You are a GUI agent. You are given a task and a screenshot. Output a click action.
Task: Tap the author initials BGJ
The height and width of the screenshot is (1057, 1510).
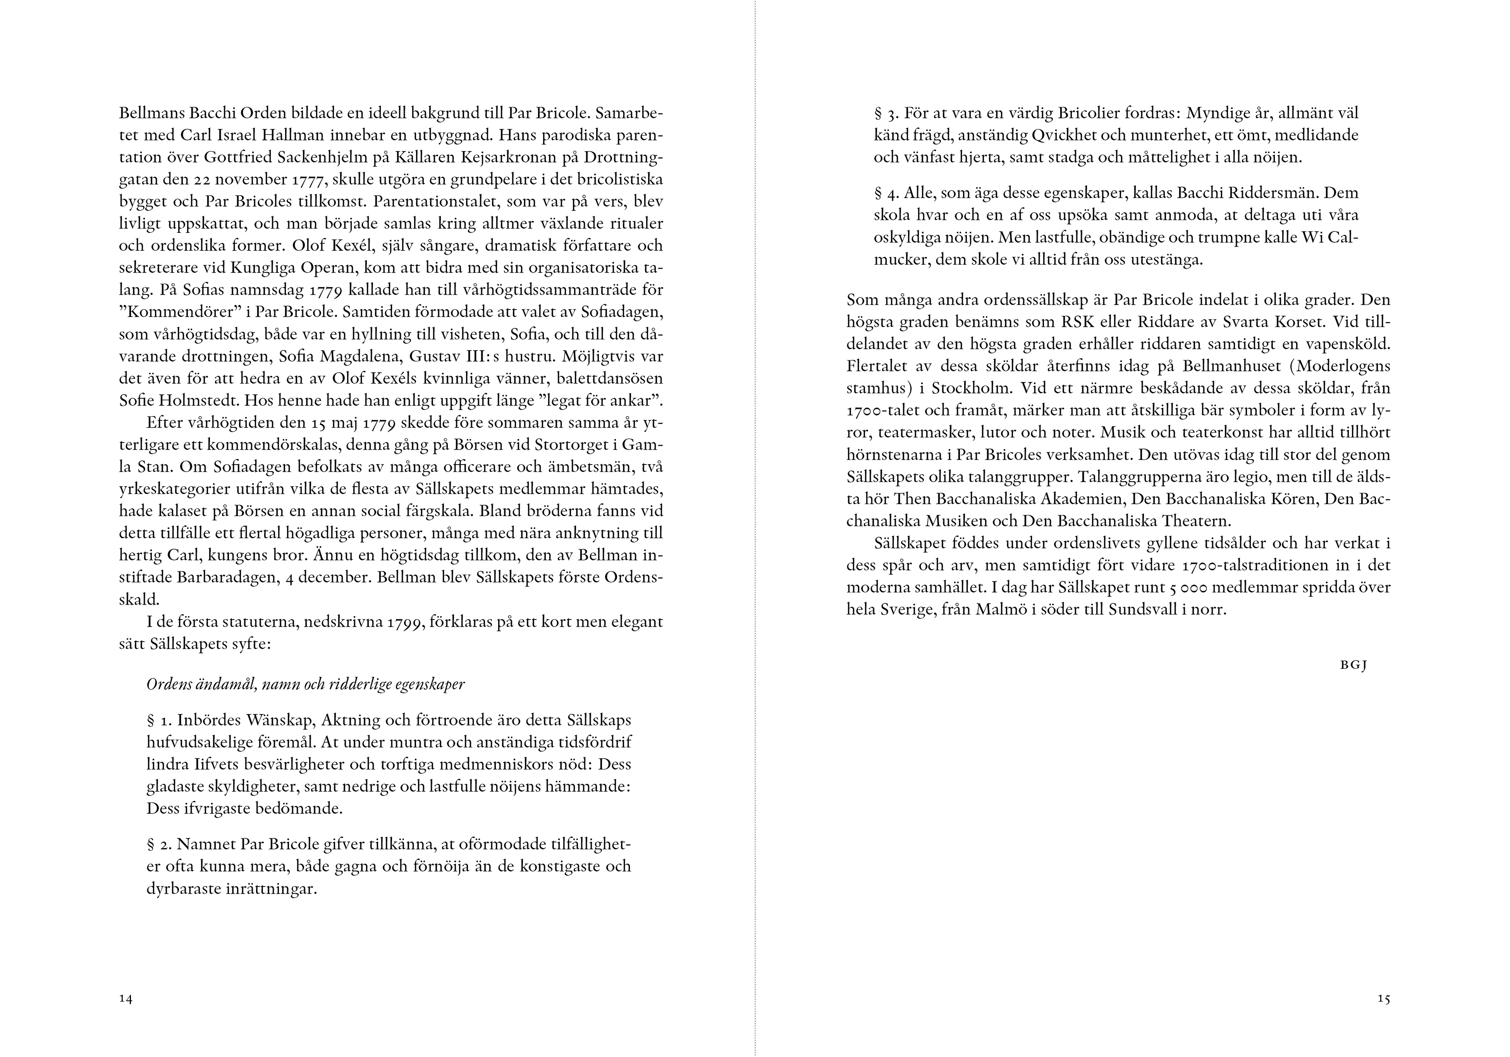pos(1353,665)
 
